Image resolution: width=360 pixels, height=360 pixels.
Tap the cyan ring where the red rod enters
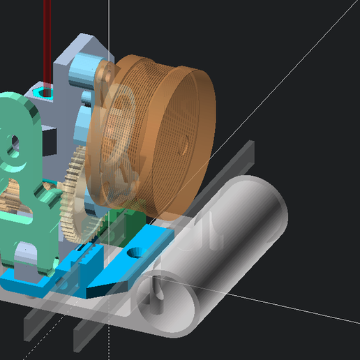coord(46,91)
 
